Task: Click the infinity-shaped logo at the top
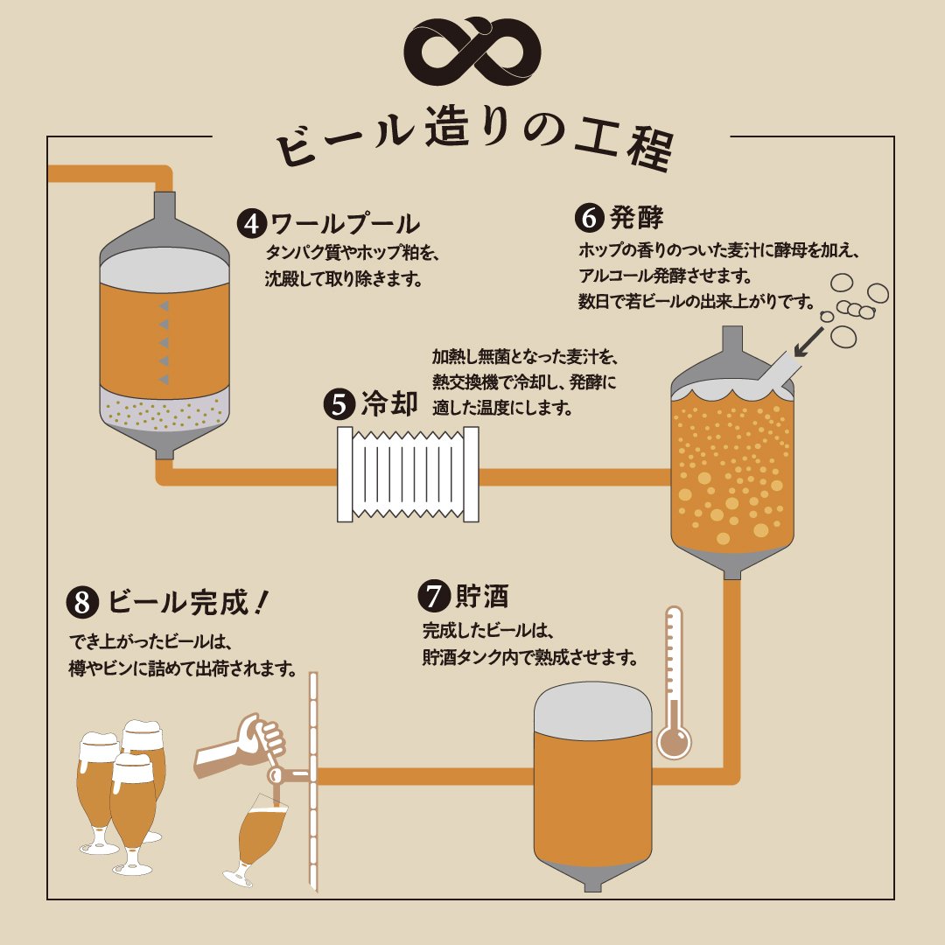tap(472, 51)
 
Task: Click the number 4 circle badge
tap(252, 224)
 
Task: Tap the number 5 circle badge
tap(339, 403)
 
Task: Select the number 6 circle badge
tap(589, 218)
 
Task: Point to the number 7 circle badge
tap(433, 596)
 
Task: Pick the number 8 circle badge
tap(82, 603)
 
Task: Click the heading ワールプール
tap(345, 224)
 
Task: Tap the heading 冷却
tap(389, 403)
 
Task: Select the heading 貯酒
tap(481, 596)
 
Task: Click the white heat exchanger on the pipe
tap(408, 474)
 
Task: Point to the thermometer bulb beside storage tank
tap(674, 741)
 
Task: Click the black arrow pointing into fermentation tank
tap(808, 342)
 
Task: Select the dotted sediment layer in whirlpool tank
tap(164, 411)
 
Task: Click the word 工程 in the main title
tap(625, 143)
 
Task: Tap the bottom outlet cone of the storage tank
tap(592, 876)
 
